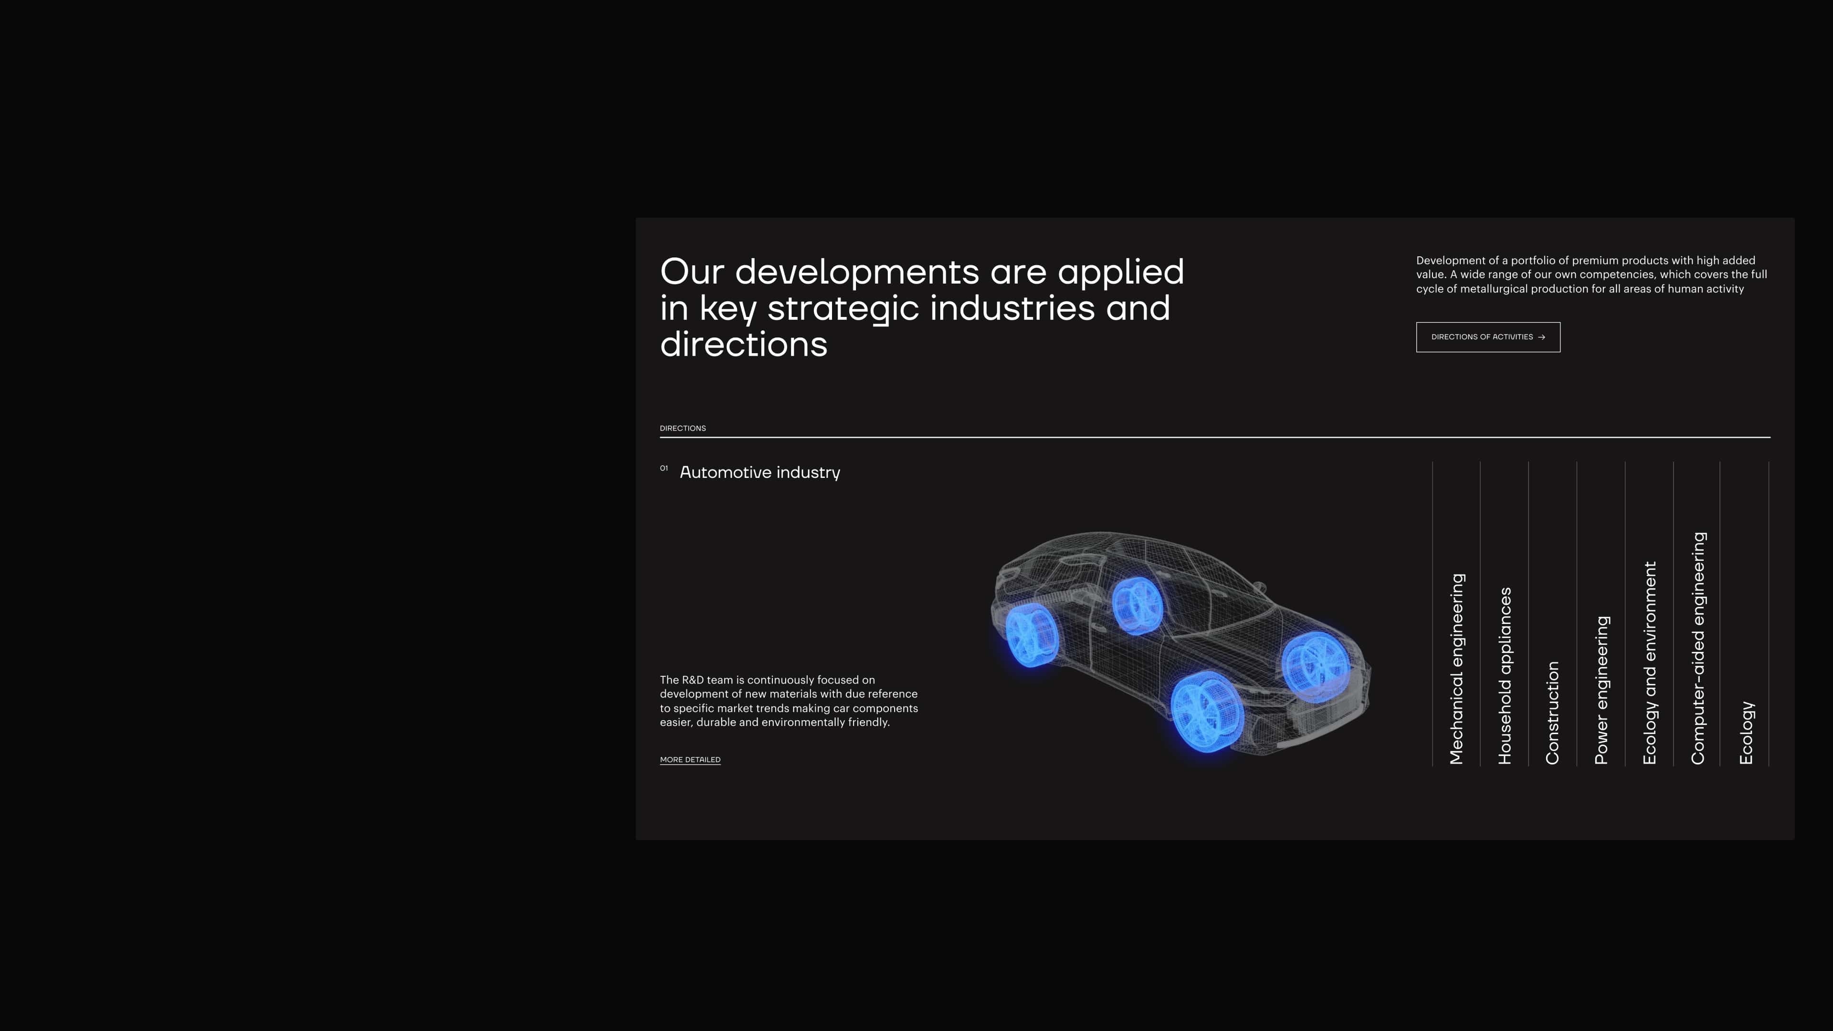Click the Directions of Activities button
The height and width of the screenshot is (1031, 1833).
coord(1488,337)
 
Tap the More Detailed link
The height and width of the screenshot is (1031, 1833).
coord(690,760)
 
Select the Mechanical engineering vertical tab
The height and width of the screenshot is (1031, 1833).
coord(1456,669)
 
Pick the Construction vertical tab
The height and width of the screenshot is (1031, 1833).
coord(1553,713)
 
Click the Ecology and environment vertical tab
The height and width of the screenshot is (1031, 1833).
coord(1649,663)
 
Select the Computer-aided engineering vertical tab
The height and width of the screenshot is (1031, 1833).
coord(1698,648)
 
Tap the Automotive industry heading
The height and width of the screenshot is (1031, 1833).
coord(760,473)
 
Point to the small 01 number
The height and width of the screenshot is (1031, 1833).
coord(664,468)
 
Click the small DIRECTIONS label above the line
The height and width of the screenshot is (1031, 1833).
coord(683,428)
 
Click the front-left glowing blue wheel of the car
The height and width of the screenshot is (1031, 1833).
coord(1207,712)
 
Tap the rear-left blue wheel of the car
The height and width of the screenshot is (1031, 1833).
coord(1032,635)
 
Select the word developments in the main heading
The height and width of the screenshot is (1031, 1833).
coord(857,273)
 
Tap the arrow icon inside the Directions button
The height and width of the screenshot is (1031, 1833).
coord(1541,337)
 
